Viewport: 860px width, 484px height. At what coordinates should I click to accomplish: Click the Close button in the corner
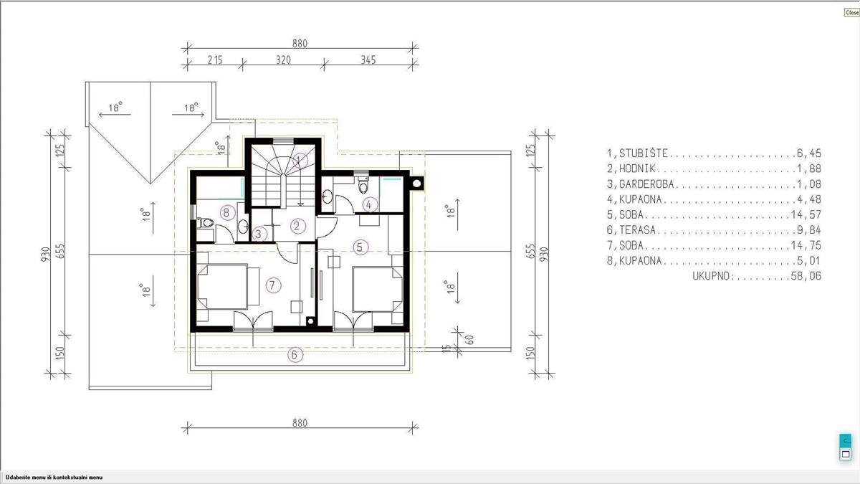click(x=851, y=12)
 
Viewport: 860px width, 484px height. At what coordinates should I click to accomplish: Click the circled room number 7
click(x=272, y=285)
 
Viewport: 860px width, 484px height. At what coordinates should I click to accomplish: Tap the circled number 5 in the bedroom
click(x=360, y=247)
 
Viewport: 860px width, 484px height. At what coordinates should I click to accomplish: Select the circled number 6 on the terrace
click(x=295, y=355)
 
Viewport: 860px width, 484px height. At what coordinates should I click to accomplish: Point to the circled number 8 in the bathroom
click(x=227, y=212)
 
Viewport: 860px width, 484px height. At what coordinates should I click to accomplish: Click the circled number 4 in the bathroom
click(x=369, y=205)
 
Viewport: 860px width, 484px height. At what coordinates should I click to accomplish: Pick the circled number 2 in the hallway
click(x=297, y=226)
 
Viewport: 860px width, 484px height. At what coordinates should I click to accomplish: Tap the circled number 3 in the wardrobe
click(x=259, y=234)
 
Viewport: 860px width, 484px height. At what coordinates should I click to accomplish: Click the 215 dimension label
click(x=215, y=60)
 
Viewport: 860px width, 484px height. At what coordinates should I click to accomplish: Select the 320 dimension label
click(x=283, y=60)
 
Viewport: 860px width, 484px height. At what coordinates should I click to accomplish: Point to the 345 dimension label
click(x=368, y=60)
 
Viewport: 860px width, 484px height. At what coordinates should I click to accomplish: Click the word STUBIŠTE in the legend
click(x=644, y=153)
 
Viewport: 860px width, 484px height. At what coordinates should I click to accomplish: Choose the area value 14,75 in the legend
click(x=806, y=245)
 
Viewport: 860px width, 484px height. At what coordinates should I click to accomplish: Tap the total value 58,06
click(x=806, y=276)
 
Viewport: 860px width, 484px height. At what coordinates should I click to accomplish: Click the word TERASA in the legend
click(x=637, y=230)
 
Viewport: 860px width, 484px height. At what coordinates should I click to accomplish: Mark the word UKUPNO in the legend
click(x=713, y=276)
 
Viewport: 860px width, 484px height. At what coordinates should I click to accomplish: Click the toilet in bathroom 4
click(x=363, y=185)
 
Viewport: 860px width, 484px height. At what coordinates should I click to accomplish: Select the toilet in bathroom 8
click(x=206, y=222)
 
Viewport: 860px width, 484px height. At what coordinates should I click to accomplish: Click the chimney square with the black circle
click(x=417, y=184)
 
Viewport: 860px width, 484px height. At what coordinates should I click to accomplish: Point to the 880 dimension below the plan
click(x=300, y=423)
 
